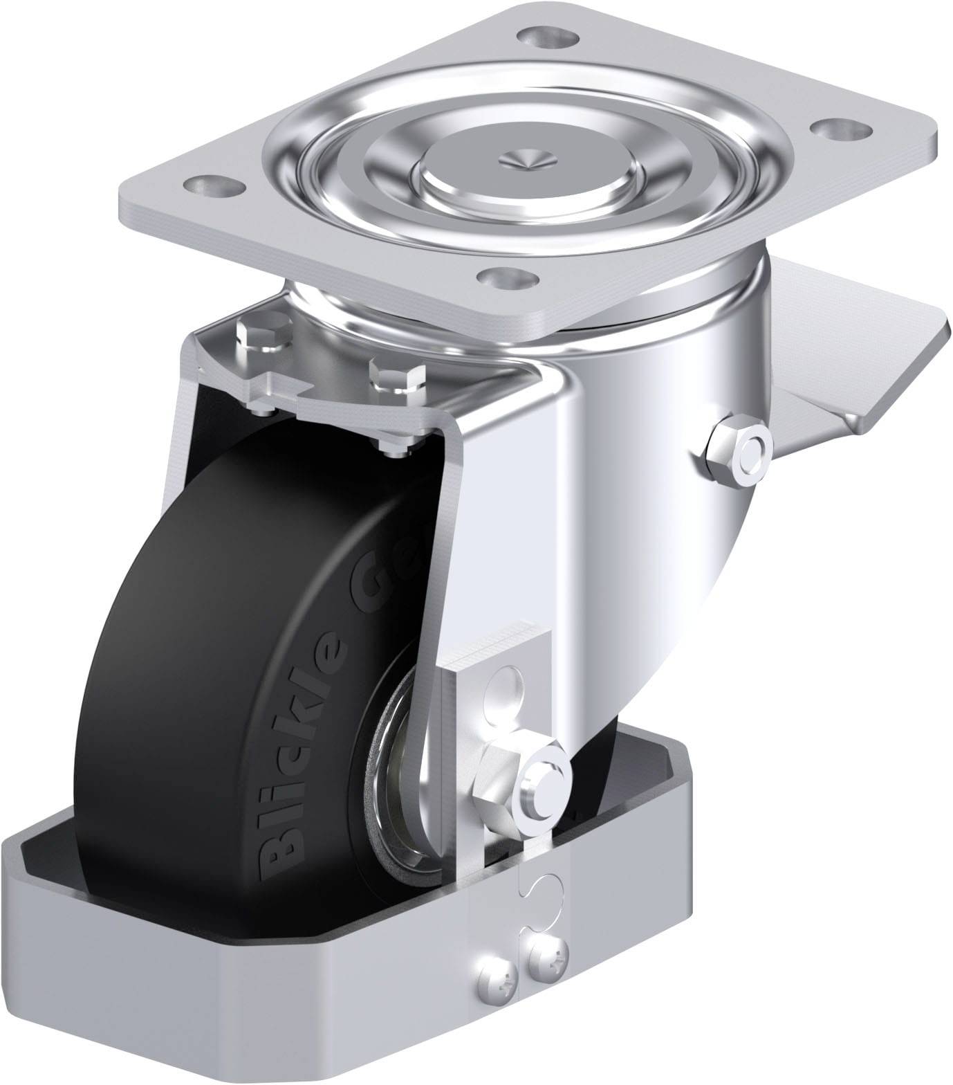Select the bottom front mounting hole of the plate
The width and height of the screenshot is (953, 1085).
click(x=510, y=280)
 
